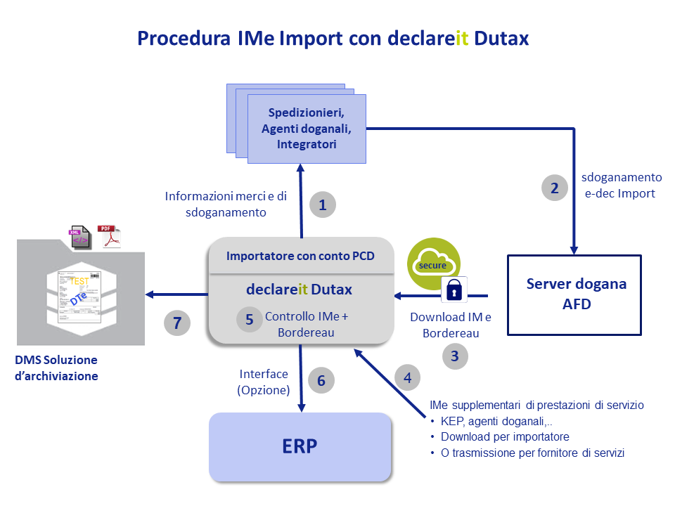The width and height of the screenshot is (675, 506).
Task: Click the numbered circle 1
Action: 323,205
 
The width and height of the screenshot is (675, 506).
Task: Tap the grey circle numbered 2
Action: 555,188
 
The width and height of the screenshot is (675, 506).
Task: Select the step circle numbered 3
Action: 455,356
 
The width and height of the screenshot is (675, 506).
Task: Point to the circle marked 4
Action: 407,377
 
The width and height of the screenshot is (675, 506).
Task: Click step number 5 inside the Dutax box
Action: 250,319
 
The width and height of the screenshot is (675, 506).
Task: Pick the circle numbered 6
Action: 321,380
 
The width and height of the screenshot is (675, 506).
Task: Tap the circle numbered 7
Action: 177,323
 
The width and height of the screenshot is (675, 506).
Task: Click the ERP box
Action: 300,447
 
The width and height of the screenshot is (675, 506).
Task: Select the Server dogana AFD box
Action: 574,295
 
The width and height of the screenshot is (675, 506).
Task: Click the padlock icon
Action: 454,289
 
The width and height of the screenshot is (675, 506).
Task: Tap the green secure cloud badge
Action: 433,264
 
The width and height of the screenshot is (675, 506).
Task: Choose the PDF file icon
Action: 110,236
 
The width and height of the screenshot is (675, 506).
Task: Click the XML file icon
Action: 80,237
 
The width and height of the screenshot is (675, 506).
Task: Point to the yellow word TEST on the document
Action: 79,281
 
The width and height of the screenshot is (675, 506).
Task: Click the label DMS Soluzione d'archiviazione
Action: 56,368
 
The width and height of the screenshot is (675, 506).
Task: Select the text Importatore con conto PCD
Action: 300,256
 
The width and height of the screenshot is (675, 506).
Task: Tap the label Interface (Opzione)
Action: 264,382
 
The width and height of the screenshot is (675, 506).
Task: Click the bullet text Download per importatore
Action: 505,436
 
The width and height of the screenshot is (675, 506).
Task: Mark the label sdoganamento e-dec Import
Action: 621,186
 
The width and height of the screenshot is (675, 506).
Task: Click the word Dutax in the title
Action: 501,38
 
